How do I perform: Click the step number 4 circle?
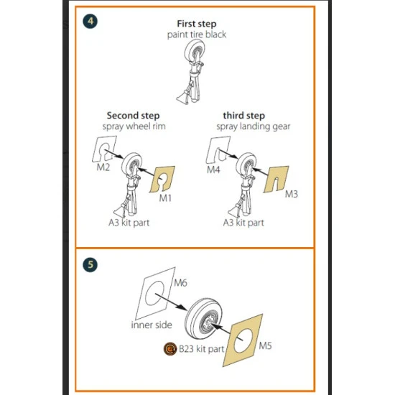[90, 21]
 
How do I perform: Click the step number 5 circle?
[90, 264]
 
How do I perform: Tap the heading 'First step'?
[197, 24]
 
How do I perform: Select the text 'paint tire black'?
[197, 34]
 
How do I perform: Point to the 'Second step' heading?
[133, 116]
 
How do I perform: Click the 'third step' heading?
[244, 116]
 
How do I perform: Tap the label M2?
[103, 167]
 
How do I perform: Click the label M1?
[165, 198]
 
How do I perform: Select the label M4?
[213, 169]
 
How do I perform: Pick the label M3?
[292, 194]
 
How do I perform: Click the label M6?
[180, 283]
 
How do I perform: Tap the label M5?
[265, 345]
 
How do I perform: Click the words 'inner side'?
[152, 325]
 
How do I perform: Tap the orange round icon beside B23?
[170, 349]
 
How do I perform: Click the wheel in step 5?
[203, 318]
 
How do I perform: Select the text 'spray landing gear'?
[254, 126]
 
